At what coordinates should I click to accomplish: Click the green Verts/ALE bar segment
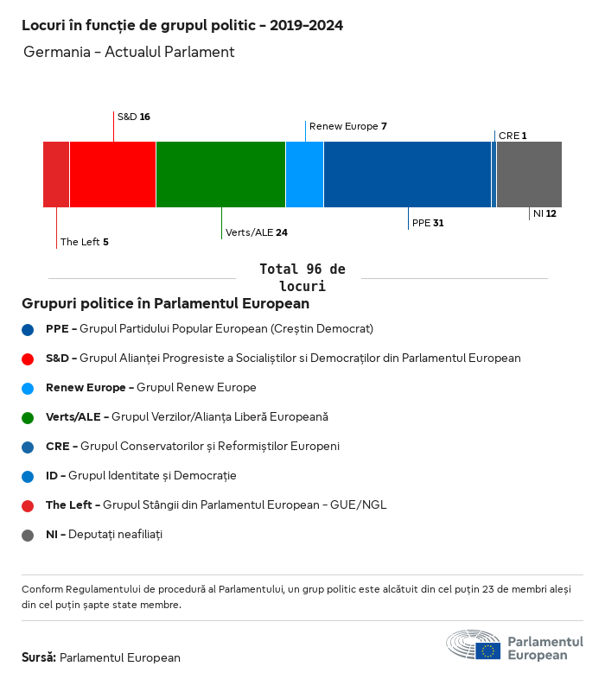[220, 175]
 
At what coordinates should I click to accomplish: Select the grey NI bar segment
[529, 175]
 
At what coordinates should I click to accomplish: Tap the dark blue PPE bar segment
[407, 175]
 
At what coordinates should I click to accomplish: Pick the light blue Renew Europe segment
[304, 175]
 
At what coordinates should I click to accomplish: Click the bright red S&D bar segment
[112, 175]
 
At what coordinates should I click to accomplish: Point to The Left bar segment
[56, 175]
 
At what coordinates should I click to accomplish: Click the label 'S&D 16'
[134, 117]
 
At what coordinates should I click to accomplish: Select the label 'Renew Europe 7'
[347, 126]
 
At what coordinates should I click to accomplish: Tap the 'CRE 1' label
[513, 136]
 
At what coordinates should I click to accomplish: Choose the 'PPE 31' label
[428, 223]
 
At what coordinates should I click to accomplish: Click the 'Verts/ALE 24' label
[257, 232]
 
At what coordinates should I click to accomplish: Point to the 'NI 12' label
[544, 213]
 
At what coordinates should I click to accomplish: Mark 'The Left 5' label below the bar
[84, 242]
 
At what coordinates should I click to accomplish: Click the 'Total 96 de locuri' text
[302, 277]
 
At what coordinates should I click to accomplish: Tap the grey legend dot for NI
[28, 535]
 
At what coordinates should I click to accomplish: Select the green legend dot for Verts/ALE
[28, 417]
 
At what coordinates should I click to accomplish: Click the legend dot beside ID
[28, 476]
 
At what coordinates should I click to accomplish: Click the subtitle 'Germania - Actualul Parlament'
[129, 52]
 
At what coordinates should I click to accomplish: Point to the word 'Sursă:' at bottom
[39, 657]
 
